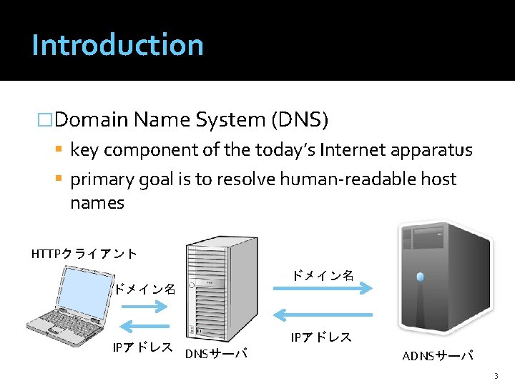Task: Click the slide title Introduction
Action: click(117, 44)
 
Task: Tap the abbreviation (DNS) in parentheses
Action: click(299, 119)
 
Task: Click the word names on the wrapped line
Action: click(97, 203)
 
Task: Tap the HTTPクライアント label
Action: click(84, 253)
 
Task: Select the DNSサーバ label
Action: click(216, 353)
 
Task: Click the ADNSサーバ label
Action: click(438, 355)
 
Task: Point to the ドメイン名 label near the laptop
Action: click(145, 289)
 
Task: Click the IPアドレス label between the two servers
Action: click(321, 337)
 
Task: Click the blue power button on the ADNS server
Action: click(420, 277)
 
